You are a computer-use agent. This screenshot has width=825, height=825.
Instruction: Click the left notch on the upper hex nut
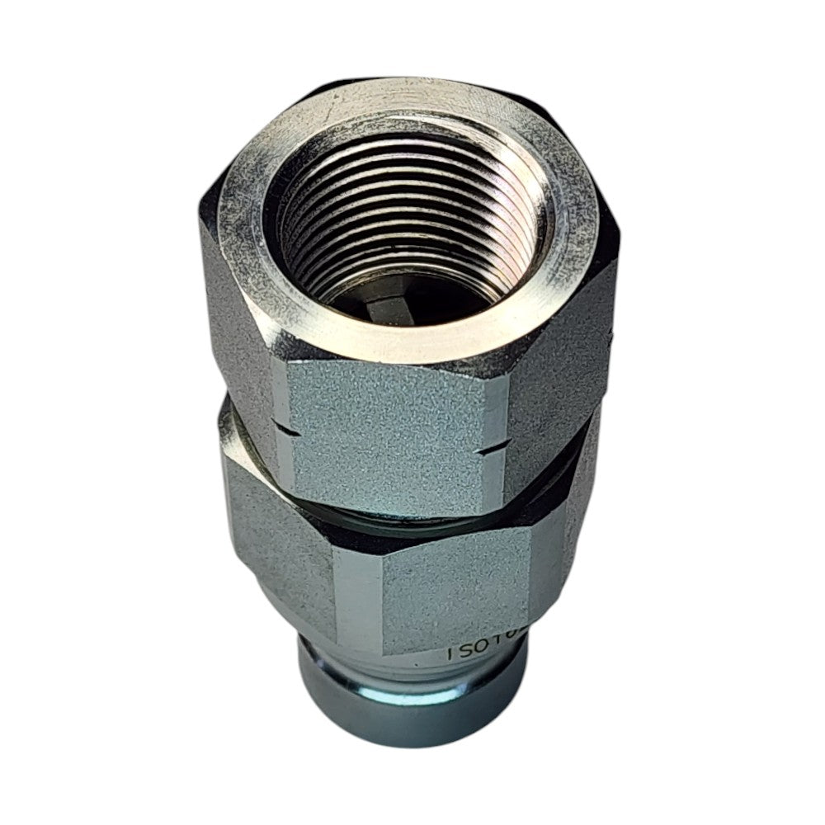[x=285, y=429]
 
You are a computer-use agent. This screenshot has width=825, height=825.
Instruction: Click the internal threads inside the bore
[x=412, y=214]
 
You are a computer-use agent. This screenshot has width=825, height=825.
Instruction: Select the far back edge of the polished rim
[x=412, y=91]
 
